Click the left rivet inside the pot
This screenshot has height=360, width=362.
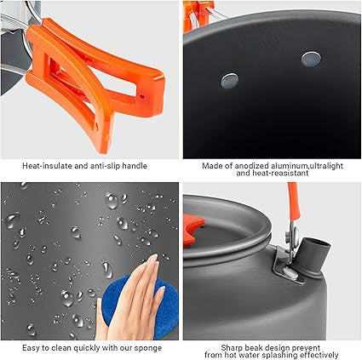[228, 78]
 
